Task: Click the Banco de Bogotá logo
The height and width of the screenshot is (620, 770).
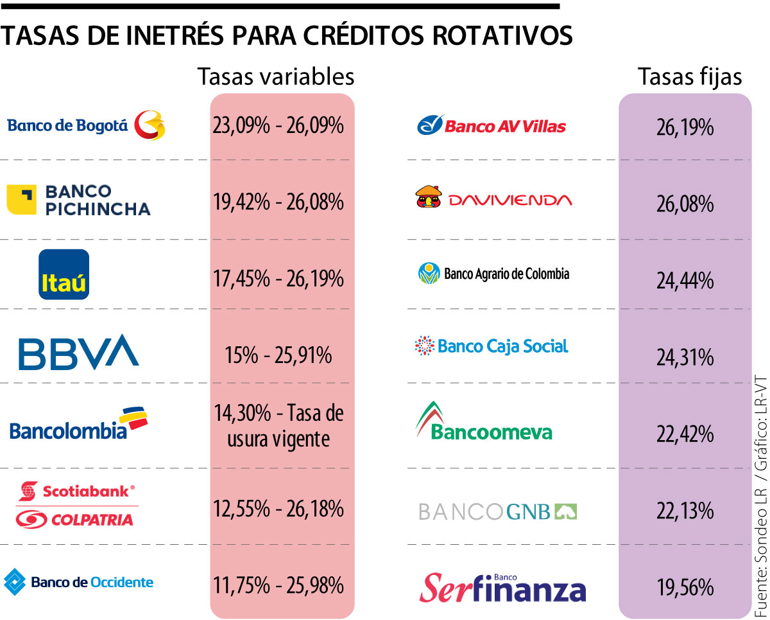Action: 86,124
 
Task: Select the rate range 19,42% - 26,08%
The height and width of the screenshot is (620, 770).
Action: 278,202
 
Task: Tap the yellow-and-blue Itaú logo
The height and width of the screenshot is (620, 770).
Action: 64,275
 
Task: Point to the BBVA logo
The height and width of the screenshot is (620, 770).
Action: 78,351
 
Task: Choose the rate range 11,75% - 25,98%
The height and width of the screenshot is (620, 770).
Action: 278,585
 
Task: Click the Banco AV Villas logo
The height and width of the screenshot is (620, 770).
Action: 492,125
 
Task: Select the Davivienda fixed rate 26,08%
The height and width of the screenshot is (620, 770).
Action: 685,204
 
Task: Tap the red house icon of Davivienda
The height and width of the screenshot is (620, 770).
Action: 429,198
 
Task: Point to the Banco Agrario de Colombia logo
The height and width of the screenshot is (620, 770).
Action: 493,274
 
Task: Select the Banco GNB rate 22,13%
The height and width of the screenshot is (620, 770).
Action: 685,511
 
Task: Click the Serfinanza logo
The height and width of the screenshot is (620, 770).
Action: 503,588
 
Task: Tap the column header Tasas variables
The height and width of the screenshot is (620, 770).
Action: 276,76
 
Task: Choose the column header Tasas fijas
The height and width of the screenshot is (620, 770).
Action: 690,76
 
